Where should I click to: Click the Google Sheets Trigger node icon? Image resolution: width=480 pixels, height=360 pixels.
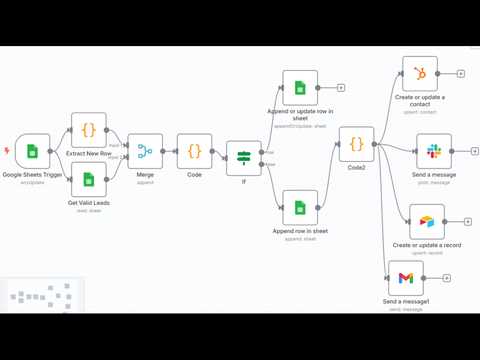[x=33, y=151]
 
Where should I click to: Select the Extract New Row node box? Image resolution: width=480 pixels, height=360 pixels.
[x=89, y=130]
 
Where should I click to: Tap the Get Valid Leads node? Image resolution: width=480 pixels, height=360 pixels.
[x=89, y=180]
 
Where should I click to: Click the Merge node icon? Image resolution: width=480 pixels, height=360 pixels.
[x=145, y=151]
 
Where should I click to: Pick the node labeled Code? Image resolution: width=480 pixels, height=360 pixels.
[x=194, y=151]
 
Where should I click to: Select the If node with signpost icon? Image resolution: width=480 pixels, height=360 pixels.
[x=244, y=158]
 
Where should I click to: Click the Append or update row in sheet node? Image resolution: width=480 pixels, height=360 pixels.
[x=300, y=88]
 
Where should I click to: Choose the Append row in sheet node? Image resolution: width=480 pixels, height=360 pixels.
[x=300, y=207]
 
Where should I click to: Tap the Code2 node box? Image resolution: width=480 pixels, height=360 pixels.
[x=357, y=144]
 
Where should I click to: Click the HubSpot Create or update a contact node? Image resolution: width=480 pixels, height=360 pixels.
[x=420, y=74]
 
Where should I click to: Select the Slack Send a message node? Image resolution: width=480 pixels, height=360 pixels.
[x=434, y=151]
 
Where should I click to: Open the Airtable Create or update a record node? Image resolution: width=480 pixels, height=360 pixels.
[x=427, y=222]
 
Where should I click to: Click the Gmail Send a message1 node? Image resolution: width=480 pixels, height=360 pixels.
[x=406, y=278]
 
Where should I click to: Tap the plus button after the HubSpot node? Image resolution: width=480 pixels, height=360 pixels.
[x=461, y=74]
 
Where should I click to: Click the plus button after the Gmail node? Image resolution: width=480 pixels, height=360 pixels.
[x=446, y=278]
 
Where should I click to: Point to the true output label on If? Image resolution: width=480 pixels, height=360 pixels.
[x=269, y=152]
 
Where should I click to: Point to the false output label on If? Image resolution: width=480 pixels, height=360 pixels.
[x=270, y=164]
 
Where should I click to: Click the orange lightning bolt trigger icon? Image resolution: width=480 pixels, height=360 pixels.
[x=7, y=151]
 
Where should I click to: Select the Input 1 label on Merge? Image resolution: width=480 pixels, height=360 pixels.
[x=115, y=145]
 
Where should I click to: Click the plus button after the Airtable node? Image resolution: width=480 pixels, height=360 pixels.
[x=468, y=222]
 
